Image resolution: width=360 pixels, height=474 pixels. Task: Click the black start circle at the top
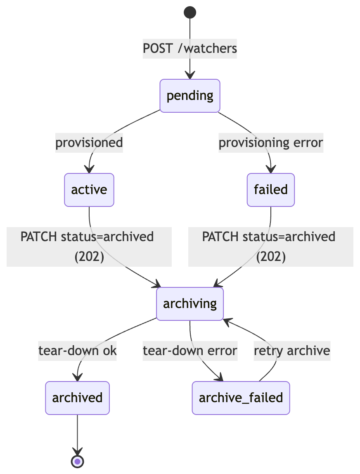190,12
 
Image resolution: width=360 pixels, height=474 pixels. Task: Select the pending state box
190,96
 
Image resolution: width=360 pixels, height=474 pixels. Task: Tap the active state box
89,190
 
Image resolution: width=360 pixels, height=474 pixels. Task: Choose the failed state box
271,190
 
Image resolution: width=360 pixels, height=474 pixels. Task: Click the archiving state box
190,304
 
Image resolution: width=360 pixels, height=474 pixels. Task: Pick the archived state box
77,398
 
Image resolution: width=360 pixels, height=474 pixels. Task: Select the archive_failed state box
241,398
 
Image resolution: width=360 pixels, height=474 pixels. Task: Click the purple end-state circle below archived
77,461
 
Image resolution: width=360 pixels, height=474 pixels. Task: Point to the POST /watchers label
190,48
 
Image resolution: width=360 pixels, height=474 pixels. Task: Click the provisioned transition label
89,143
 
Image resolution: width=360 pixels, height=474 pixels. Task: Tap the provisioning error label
271,143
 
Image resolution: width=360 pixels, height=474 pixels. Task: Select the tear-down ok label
77,351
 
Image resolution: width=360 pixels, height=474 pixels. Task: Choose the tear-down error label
190,351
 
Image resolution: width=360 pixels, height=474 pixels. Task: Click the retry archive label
292,351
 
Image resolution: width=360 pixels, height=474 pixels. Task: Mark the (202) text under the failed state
271,257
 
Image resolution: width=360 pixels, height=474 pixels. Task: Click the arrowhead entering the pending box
190,76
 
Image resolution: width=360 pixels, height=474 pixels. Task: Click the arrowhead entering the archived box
77,377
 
